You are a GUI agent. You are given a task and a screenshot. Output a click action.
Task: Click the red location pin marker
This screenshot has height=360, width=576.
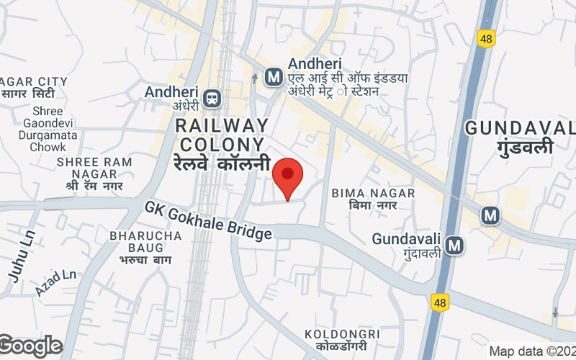coord(288,178)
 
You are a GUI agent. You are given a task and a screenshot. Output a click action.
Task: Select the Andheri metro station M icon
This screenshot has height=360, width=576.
coord(273,75)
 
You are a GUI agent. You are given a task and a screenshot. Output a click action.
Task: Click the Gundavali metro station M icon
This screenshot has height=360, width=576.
coord(454,246)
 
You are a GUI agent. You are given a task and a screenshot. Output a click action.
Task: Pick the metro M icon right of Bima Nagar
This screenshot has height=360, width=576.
coord(490,215)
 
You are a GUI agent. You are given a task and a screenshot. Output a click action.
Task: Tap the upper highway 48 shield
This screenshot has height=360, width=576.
coord(487,39)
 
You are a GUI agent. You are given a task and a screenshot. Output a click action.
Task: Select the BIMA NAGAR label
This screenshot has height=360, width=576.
coord(373,193)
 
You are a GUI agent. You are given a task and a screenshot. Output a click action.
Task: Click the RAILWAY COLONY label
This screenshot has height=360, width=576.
coord(222,135)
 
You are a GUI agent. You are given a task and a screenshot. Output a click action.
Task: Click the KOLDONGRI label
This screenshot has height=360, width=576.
coord(341,334)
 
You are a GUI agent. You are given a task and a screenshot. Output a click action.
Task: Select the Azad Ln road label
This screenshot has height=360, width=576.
coord(55,282)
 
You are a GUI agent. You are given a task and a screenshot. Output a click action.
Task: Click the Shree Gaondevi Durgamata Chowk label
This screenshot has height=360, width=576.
coord(48,129)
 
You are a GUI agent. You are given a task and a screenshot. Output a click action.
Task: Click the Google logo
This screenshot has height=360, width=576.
coord(31,346)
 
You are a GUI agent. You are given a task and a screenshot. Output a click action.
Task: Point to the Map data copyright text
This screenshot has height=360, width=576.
coord(531,351)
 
